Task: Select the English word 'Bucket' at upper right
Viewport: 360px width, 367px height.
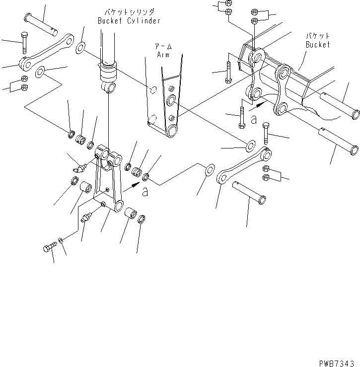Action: tap(317, 44)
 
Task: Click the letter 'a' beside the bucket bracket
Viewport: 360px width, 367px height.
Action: tap(254, 119)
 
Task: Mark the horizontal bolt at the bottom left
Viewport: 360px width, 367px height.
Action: tap(50, 246)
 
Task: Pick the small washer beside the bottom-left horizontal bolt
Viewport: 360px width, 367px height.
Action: tap(60, 241)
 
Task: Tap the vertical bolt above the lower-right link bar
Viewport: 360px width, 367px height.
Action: tap(266, 134)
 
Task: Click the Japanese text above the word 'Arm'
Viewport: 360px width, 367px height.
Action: tap(163, 46)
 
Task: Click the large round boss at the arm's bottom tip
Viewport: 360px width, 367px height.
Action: tap(173, 131)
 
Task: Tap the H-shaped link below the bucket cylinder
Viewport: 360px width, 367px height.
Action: tap(108, 179)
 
